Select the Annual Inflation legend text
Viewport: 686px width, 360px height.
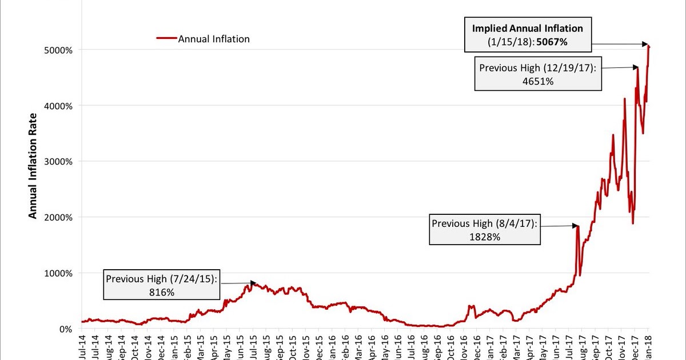coord(214,39)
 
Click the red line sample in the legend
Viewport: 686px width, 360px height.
coord(166,39)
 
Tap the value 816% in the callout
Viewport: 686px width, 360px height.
coord(162,292)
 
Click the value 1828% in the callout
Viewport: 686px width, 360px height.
coord(485,237)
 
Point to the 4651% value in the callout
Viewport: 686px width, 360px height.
coord(538,81)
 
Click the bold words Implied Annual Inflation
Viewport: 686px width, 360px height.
coord(527,28)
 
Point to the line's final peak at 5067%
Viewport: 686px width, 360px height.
coord(649,46)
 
